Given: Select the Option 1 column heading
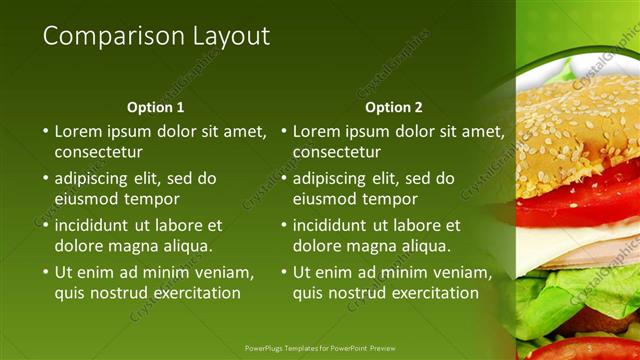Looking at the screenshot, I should [156, 107].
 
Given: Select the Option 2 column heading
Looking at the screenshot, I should [394, 107].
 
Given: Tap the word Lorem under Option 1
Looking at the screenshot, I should [79, 131].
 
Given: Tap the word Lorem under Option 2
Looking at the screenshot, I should [317, 131].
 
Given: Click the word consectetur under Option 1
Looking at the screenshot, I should [98, 152].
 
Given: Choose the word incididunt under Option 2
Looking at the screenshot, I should [334, 225].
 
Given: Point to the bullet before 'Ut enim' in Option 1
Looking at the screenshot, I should [45, 272].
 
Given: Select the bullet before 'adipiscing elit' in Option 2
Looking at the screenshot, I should [283, 178].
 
